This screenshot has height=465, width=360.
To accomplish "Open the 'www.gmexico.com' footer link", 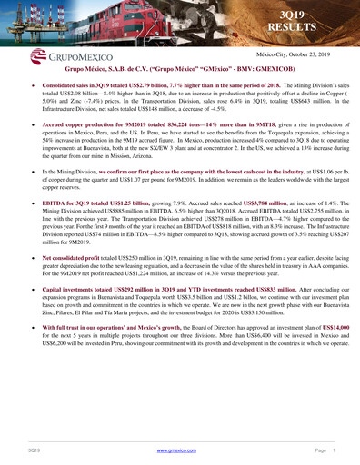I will [178, 450].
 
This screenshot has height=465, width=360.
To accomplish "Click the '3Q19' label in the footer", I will [33, 450].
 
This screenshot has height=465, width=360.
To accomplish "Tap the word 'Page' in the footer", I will [323, 450].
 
